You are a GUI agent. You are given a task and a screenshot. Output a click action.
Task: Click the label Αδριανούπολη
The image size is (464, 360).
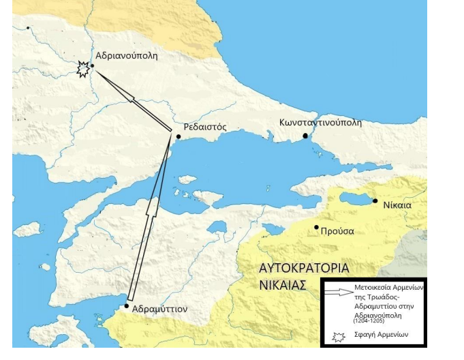pos(127,56)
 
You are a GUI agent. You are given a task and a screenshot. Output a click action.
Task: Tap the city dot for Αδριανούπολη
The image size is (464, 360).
pos(93,66)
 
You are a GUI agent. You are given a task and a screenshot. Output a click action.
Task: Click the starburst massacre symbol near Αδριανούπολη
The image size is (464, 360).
pos(82,69)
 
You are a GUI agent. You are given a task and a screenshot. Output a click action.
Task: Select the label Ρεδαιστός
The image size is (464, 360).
pos(205,127)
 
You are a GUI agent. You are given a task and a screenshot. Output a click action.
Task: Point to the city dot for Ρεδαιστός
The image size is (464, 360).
pos(179,136)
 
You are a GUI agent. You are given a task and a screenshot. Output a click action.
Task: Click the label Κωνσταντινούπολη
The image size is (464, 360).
pos(320,123)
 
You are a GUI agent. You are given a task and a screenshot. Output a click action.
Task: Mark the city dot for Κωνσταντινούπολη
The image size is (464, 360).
pos(306,136)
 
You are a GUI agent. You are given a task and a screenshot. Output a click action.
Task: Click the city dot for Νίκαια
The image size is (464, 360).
pos(375,201)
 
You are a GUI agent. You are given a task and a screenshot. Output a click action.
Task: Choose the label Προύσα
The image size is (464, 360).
pos(339,230)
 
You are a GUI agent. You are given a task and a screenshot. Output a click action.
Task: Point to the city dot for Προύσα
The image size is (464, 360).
pos(316,228)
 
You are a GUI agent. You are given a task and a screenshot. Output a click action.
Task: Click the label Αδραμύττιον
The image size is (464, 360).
pos(159,309)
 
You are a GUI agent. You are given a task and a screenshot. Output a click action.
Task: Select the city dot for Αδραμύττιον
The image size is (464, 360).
pos(127,305)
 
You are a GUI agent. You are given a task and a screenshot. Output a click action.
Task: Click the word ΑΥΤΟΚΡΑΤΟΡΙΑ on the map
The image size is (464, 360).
pos(304,267)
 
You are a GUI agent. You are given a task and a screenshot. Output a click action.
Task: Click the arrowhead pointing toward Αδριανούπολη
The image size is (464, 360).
pos(129,97)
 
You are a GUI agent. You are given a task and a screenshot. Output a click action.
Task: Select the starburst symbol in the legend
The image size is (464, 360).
pos(337,335)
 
